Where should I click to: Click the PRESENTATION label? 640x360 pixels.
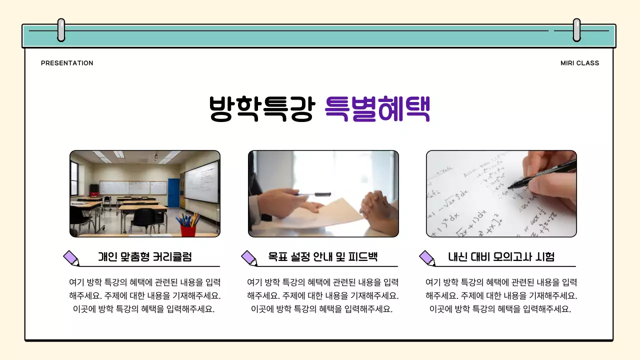pos(67,63)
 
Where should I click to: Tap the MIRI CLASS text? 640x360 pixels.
pos(579,63)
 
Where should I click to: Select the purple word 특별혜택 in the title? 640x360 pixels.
pos(377,108)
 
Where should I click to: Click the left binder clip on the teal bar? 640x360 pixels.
pos(61,30)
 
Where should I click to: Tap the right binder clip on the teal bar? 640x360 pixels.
pos(576,30)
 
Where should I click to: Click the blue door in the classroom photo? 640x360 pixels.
pos(173,192)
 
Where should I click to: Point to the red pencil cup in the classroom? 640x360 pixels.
pos(188,230)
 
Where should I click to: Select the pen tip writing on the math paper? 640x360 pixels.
pos(509,187)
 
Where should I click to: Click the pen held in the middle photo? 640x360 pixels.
pos(314,194)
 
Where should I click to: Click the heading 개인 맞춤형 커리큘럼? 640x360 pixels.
pos(145,257)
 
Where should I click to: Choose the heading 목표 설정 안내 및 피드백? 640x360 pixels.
pos(322,257)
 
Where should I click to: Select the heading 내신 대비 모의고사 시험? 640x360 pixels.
pos(501,257)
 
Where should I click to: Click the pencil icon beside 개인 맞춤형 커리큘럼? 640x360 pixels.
pos(71,258)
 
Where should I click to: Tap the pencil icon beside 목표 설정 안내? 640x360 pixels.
pos(249,258)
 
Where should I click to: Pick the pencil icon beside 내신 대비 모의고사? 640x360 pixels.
pos(427,258)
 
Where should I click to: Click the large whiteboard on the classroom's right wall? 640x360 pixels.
pos(201,181)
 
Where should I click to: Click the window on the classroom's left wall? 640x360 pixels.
pos(74,177)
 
